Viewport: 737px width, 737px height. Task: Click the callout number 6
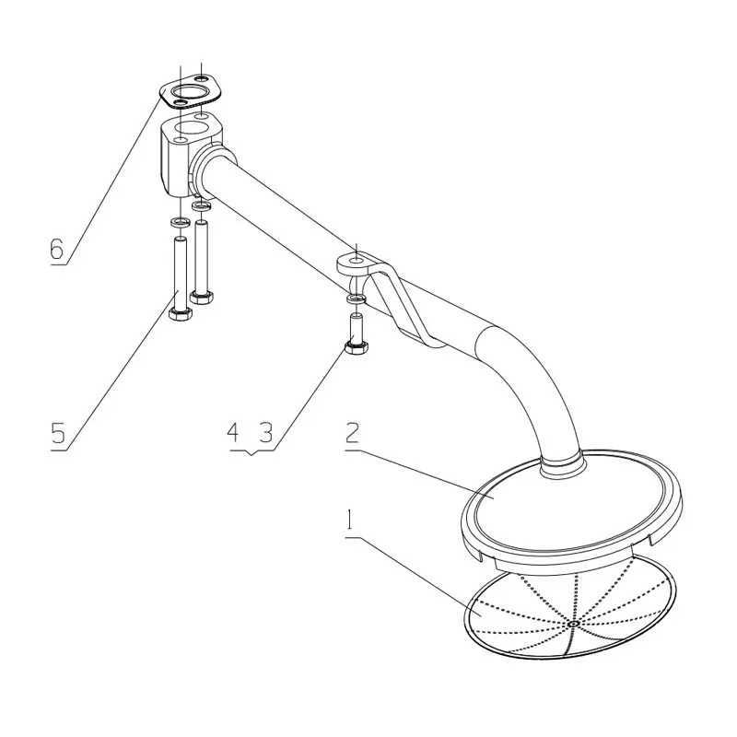pyautogui.click(x=57, y=249)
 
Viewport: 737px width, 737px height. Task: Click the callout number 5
pyautogui.click(x=58, y=433)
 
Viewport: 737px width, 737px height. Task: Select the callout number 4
pyautogui.click(x=233, y=432)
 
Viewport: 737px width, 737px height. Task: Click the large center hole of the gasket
pyautogui.click(x=191, y=92)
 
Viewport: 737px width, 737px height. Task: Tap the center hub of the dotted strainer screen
pyautogui.click(x=573, y=624)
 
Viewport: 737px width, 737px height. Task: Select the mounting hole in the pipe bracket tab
pyautogui.click(x=355, y=263)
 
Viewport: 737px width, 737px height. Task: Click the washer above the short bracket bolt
pyautogui.click(x=355, y=300)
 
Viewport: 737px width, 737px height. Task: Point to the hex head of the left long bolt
pyautogui.click(x=180, y=314)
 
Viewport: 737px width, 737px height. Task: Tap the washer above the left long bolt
pyautogui.click(x=178, y=223)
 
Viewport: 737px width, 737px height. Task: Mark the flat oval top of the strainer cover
pyautogui.click(x=571, y=507)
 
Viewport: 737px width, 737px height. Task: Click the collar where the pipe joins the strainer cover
pyautogui.click(x=559, y=466)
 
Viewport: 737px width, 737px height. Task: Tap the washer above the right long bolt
pyautogui.click(x=201, y=207)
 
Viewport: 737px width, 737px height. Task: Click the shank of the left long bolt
pyautogui.click(x=179, y=272)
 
